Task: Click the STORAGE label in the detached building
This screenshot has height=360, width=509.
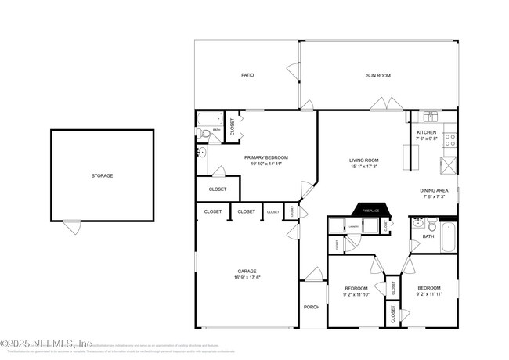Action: click(x=102, y=175)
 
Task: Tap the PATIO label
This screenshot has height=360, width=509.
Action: click(x=247, y=75)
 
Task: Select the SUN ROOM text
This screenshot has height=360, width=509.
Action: click(x=378, y=75)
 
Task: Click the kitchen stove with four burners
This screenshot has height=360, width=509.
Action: click(x=450, y=140)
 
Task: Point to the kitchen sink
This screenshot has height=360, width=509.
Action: click(x=430, y=117)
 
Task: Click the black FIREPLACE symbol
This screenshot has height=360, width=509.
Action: click(x=370, y=210)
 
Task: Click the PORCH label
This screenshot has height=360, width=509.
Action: click(x=312, y=307)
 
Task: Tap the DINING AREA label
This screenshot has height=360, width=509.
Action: click(x=435, y=190)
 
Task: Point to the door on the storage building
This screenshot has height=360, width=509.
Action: click(x=72, y=227)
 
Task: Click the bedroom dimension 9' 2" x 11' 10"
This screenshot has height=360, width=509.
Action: click(x=356, y=294)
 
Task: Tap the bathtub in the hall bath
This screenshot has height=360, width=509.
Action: click(x=448, y=237)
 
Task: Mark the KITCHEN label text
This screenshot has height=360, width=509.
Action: click(x=426, y=133)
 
